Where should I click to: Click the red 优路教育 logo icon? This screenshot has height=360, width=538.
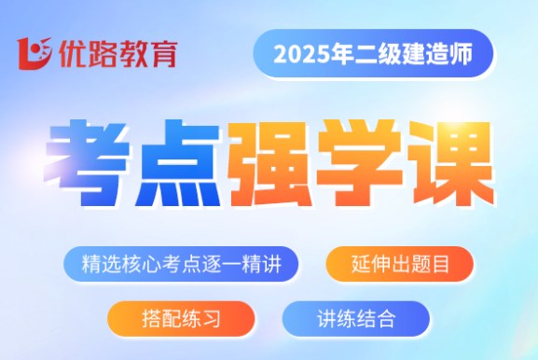coord(34,54)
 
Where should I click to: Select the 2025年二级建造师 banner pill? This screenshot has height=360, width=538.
coord(372,58)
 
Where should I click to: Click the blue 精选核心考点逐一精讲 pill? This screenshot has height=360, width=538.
coord(181,263)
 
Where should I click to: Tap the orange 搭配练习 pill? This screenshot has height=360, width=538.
coord(181,318)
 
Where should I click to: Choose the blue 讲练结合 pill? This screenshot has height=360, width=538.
coord(355,318)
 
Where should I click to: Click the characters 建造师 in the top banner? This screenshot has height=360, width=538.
coord(441,58)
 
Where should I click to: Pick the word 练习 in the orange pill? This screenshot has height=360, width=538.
coord(201,318)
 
